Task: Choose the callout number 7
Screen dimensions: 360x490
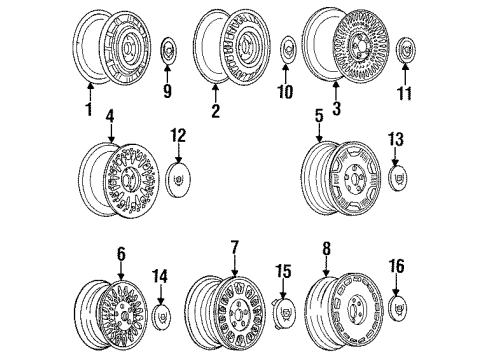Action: (235, 246)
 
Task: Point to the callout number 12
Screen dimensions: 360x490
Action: (178, 134)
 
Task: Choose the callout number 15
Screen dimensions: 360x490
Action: (284, 270)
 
